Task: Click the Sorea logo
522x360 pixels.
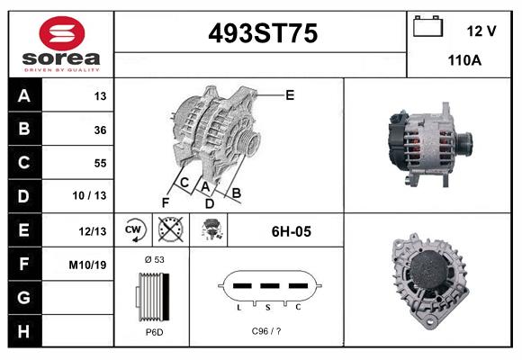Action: coord(60,43)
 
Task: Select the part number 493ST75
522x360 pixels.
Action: coord(262,33)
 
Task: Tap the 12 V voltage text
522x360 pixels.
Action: coord(481,31)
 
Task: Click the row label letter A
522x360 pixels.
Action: coord(23,96)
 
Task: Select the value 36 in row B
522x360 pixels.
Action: coord(99,130)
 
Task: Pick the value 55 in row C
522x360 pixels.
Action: coord(99,163)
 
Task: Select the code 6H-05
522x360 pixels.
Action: coord(291,231)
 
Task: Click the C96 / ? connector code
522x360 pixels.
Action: coord(266,331)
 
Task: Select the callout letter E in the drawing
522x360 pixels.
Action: coord(289,94)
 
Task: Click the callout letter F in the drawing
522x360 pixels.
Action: coord(165,202)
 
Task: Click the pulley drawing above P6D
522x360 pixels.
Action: coord(152,295)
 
